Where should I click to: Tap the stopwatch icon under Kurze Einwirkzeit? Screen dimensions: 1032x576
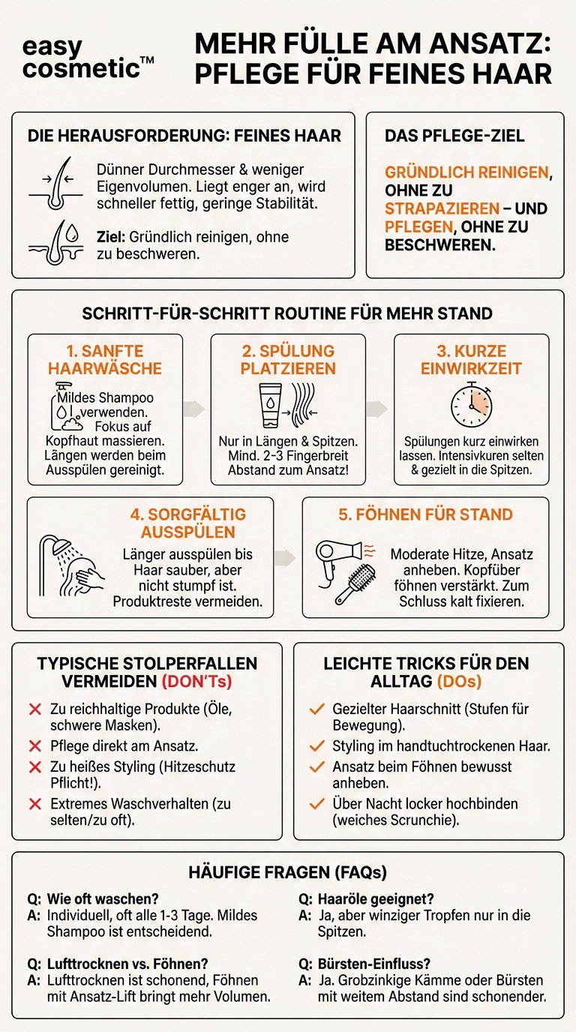(x=471, y=406)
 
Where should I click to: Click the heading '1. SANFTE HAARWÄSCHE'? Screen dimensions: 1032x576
(x=105, y=360)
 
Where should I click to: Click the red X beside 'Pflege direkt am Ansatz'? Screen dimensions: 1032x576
(x=34, y=746)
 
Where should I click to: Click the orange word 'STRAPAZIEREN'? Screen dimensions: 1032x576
(x=442, y=208)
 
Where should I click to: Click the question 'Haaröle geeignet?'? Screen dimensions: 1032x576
(x=376, y=898)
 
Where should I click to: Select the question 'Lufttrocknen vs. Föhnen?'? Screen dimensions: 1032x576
(x=127, y=964)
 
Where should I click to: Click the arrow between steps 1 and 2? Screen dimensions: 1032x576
(x=195, y=409)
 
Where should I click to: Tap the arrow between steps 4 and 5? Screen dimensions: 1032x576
(x=286, y=557)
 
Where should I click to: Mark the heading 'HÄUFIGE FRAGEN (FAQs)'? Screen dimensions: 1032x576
(x=287, y=872)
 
